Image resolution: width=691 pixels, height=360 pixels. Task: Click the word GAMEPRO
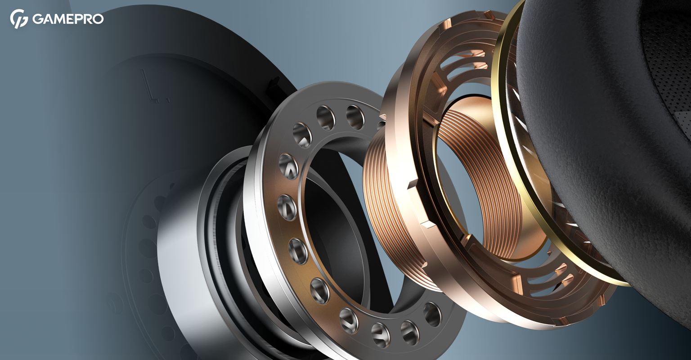point(68,19)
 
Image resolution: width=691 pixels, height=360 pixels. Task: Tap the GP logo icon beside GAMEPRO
point(19,19)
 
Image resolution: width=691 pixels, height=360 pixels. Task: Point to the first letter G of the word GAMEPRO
point(37,19)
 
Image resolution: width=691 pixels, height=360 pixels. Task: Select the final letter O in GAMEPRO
point(98,19)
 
